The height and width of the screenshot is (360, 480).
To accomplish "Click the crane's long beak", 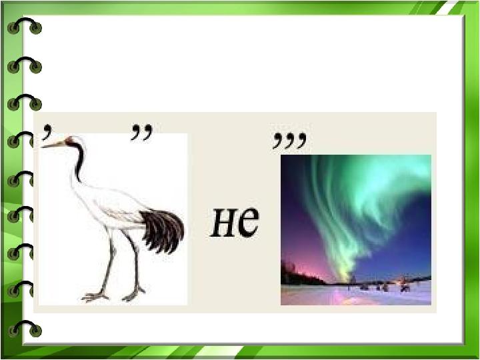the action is coord(53,145).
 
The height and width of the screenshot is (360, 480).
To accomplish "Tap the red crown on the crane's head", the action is coord(69,139).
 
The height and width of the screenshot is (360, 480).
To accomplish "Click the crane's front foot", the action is coord(95,296).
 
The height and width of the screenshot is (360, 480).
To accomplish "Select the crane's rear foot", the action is coord(133,294).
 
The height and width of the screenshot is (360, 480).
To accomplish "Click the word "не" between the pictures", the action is coord(235,222).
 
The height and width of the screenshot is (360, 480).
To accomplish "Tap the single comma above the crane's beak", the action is coord(46,132).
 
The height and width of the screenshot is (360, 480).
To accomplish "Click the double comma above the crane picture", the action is coord(141,132).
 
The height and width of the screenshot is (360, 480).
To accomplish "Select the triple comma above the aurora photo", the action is coord(289,141).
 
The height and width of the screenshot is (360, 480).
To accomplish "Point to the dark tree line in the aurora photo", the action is coord(300,275).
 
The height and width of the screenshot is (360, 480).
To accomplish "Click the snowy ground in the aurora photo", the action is coord(356,295).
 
